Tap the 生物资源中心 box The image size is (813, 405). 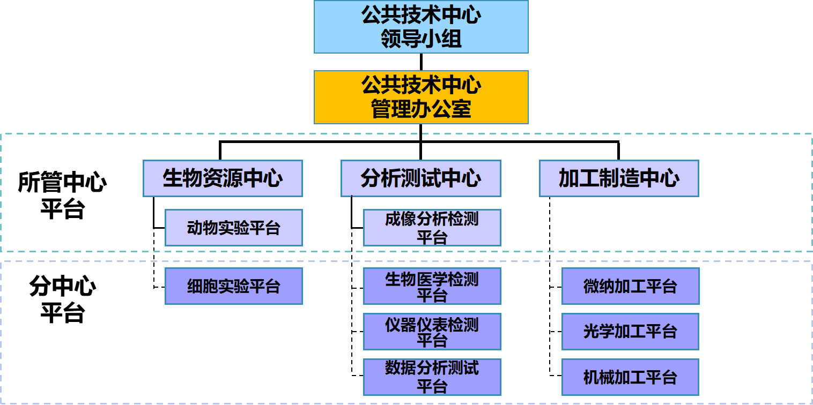tap(223, 178)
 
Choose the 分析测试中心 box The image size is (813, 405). tap(421, 178)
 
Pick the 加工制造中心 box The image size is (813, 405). tap(619, 178)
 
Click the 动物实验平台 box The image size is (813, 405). tap(234, 228)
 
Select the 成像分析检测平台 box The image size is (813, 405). tap(432, 228)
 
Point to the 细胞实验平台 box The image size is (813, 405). tap(234, 286)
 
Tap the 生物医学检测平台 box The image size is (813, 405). tap(432, 286)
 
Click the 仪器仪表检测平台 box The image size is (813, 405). tap(432, 332)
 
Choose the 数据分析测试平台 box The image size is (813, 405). tap(432, 377)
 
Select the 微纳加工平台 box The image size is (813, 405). tap(630, 286)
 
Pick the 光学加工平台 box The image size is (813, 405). tap(630, 332)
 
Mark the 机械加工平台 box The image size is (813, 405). tap(630, 377)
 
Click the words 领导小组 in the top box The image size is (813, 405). tap(421, 40)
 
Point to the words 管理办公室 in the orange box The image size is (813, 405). tap(421, 109)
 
